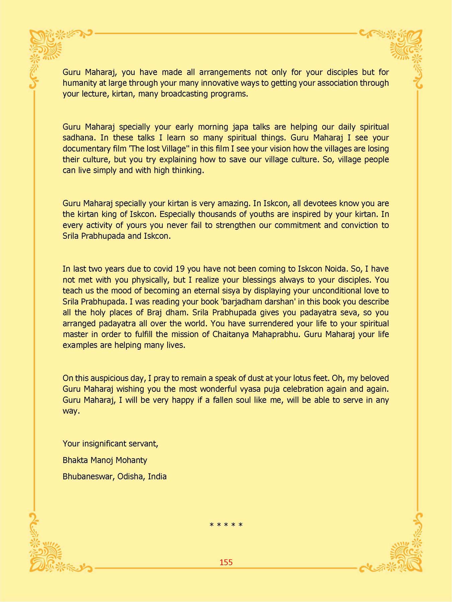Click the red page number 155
pyautogui.click(x=226, y=562)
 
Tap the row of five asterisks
pyautogui.click(x=226, y=525)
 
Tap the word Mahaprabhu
pyautogui.click(x=275, y=334)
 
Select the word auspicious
pyautogui.click(x=108, y=378)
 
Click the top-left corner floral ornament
pyautogui.click(x=47, y=47)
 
